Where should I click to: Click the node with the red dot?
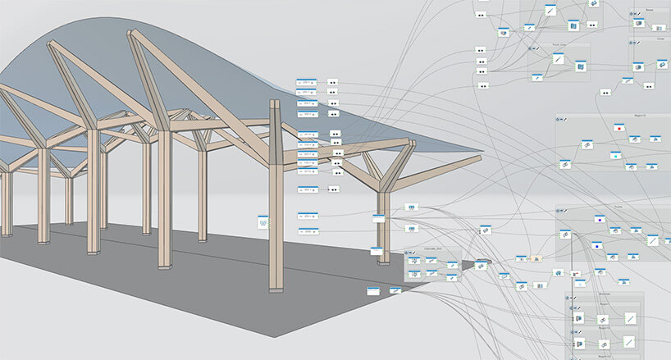(619, 128)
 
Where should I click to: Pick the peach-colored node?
(536, 257)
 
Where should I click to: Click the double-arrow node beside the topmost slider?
(333, 83)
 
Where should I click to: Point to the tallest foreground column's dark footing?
(276, 289)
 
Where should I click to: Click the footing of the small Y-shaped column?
(383, 262)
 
